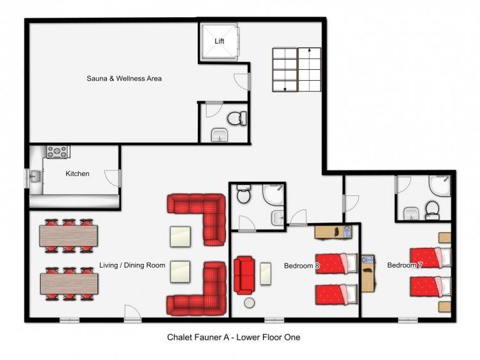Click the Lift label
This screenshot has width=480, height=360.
219,41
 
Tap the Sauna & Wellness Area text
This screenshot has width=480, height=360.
124,78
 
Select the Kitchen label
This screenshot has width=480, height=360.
77,174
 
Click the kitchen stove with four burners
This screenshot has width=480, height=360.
57,152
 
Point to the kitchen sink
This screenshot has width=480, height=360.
35,176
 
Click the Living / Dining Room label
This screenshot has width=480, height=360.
132,265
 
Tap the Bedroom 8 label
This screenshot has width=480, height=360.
301,266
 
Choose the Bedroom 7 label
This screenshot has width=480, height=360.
404,265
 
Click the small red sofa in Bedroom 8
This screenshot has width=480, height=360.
244,275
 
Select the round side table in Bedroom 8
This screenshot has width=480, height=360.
249,303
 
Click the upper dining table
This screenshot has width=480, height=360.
68,236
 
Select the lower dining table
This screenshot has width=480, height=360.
69,284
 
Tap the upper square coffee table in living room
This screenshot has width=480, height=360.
180,236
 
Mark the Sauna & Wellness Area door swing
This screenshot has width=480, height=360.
242,81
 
